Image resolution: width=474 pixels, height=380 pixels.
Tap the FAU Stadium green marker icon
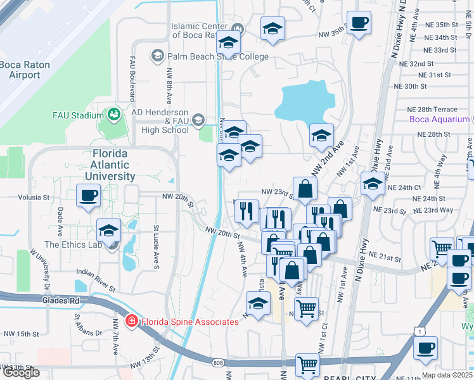coord(114,115)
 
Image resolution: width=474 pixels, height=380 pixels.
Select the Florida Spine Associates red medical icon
coord(132,321)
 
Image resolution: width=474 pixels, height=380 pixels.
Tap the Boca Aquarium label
coord(439,119)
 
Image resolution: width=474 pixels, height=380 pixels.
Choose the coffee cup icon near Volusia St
coord(89,194)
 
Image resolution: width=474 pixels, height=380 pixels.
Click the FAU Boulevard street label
coord(133,77)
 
